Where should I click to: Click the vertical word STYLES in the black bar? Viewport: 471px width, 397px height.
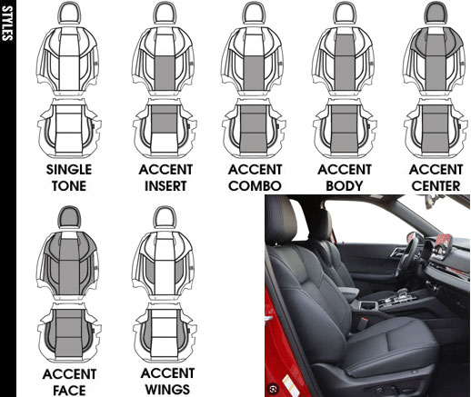tap(6, 23)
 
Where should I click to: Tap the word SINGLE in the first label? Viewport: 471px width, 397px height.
tap(69, 170)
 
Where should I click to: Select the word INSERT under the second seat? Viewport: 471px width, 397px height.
tap(165, 186)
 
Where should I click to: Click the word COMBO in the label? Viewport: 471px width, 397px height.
tap(255, 186)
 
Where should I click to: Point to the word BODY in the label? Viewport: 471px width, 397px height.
tap(345, 186)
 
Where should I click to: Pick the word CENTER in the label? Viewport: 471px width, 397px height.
tap(436, 186)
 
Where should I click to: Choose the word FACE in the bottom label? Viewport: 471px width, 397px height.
tap(69, 390)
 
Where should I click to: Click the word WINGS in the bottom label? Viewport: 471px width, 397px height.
tap(167, 389)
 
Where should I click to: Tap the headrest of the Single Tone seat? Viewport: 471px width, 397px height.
tap(69, 13)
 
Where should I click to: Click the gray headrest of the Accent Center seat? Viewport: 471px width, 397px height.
tap(436, 13)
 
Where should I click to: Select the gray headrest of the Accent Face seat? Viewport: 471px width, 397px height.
tap(69, 217)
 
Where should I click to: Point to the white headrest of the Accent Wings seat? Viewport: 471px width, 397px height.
tap(165, 217)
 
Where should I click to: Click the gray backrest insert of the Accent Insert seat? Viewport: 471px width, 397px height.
tap(165, 73)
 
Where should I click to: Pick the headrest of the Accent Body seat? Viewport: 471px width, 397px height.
tap(345, 13)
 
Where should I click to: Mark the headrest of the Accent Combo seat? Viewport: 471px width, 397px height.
tap(254, 13)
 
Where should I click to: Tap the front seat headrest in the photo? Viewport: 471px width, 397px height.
tap(280, 220)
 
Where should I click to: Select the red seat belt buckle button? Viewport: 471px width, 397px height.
tap(365, 320)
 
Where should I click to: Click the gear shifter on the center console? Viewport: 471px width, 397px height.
tap(403, 293)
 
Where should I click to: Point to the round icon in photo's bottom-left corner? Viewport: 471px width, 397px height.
tap(273, 388)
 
